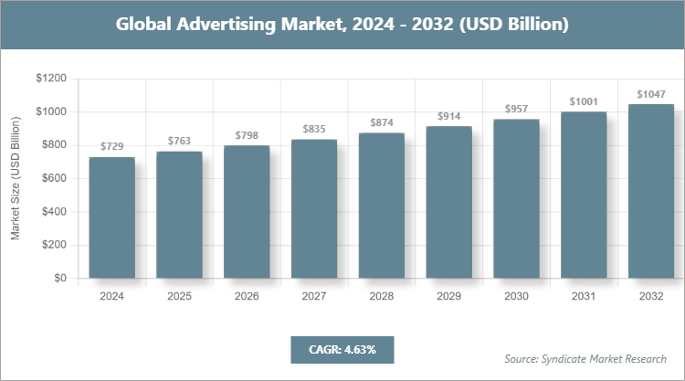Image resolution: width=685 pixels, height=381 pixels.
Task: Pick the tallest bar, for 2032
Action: coord(651,191)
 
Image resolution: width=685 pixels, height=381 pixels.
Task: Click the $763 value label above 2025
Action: coord(179,141)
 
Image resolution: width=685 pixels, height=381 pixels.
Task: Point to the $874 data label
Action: coord(382,122)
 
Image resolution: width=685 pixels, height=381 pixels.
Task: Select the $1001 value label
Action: coord(584,101)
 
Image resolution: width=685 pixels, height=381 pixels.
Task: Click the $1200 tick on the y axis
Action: coord(50,79)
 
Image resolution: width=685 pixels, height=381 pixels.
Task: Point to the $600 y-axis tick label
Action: coord(53,178)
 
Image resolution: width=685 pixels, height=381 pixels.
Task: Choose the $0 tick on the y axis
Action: coord(59,278)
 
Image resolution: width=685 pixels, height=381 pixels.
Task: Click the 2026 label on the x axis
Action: coord(247,297)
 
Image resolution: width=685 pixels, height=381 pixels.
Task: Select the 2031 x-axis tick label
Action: coord(584,297)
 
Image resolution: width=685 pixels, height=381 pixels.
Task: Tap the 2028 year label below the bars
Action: coord(382,297)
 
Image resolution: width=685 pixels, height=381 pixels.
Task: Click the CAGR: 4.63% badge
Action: coord(342,349)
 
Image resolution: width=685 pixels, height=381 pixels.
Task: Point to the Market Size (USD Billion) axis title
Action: coord(16,178)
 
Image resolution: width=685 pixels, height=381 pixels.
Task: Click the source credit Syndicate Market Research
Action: coord(585,358)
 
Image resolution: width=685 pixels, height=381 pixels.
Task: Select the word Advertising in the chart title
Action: coord(226,25)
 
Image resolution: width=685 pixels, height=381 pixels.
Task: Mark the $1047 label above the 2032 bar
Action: coord(651,94)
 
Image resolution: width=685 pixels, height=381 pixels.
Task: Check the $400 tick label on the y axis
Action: coord(53,212)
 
